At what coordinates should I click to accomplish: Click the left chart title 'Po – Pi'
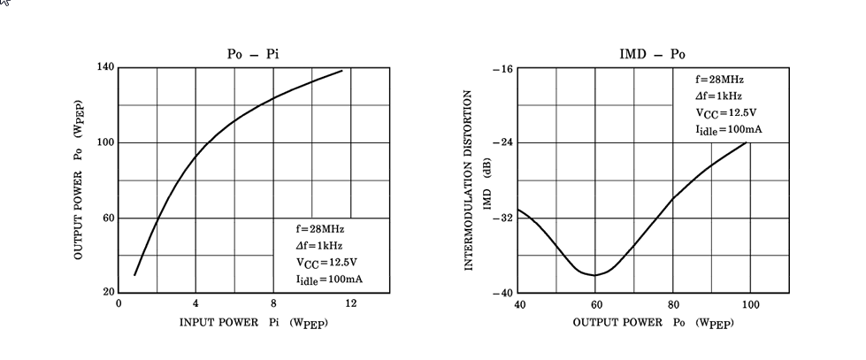254,55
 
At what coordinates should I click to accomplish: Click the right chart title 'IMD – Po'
653,55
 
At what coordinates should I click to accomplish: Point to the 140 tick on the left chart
105,68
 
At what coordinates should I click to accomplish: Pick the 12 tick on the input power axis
350,304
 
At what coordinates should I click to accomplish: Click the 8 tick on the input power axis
273,304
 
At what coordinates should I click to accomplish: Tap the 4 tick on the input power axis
195,304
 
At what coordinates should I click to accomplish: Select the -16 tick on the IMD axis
502,68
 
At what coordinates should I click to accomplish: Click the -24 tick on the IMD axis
502,142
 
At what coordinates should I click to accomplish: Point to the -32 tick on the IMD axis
502,218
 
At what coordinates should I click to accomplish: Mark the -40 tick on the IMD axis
502,293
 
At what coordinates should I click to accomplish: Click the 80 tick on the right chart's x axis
673,304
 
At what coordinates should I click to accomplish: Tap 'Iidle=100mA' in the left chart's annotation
330,280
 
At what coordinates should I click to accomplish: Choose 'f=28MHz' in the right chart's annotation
719,80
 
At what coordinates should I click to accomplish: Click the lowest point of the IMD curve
594,275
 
